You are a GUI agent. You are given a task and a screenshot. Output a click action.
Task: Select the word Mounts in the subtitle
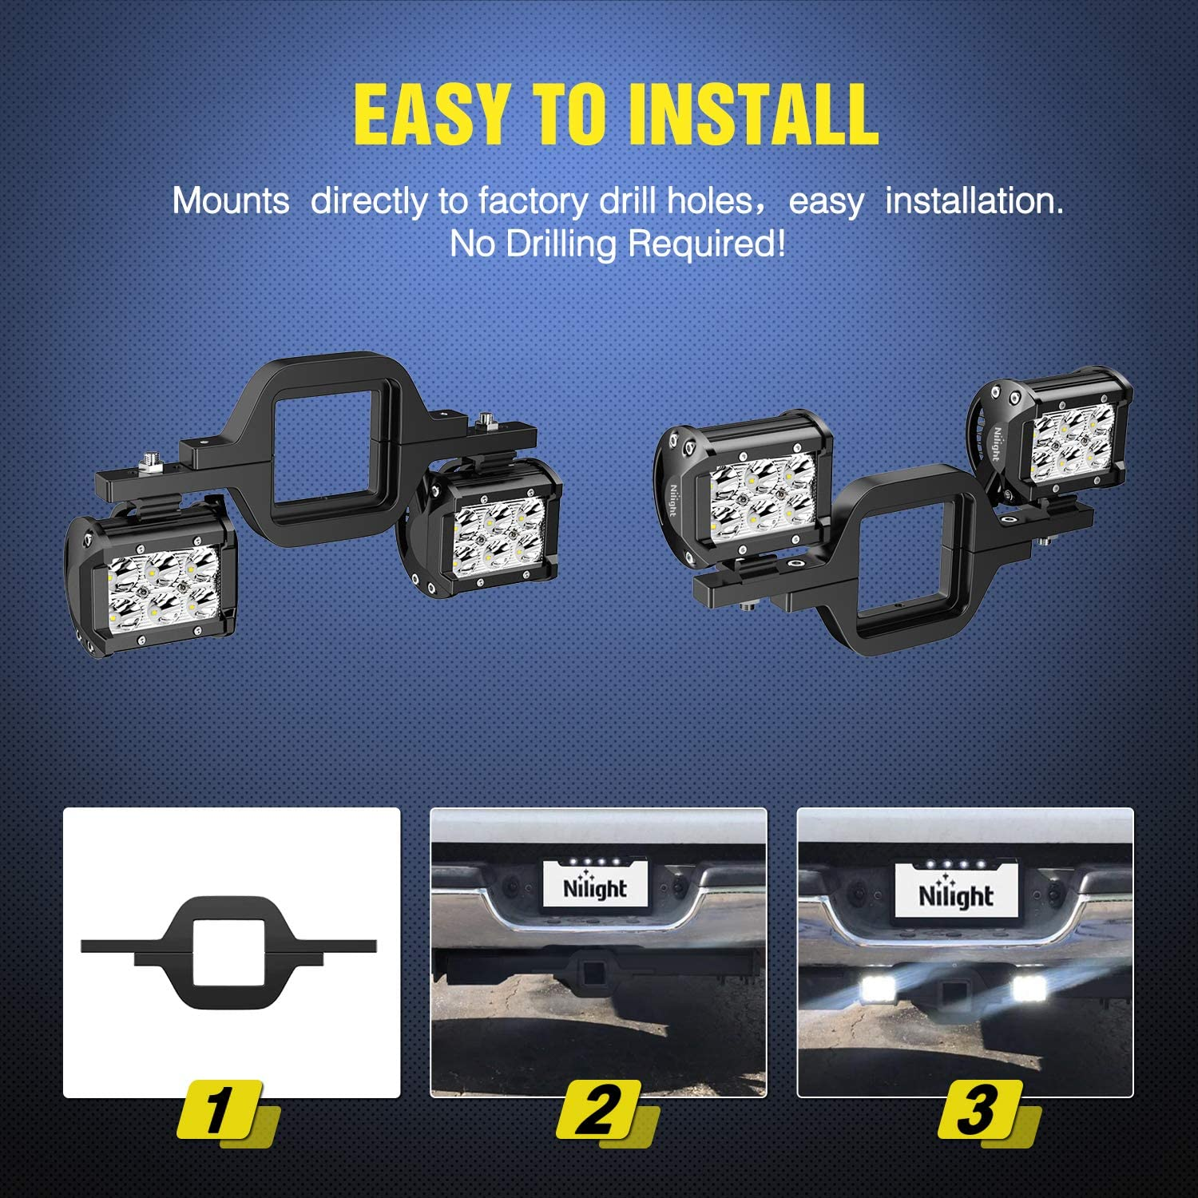tap(231, 200)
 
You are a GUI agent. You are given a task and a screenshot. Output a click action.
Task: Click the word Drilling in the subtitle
tap(563, 244)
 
